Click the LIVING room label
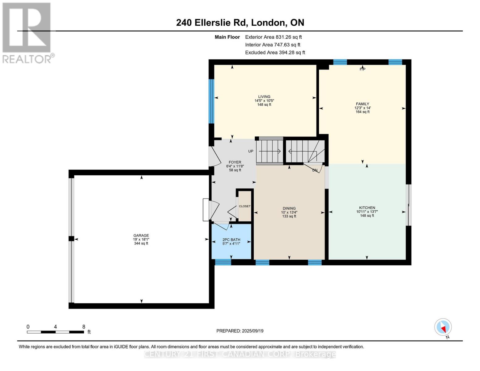tap(264, 97)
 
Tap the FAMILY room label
tap(363, 104)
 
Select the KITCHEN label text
tap(367, 208)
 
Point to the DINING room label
tap(289, 208)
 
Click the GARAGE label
tap(141, 236)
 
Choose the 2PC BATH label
tap(231, 240)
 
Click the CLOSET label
tap(244, 206)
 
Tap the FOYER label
tap(235, 162)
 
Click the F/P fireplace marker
tap(363, 69)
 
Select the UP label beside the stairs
tap(251, 151)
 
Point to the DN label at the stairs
tap(315, 170)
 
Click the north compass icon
tap(443, 327)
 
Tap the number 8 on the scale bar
tap(84, 327)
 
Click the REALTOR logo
tap(27, 32)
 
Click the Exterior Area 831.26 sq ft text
tap(273, 37)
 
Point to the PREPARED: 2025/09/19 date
tap(240, 331)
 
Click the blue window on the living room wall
tap(211, 101)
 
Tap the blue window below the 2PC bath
tap(223, 262)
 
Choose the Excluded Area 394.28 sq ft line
tap(275, 53)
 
